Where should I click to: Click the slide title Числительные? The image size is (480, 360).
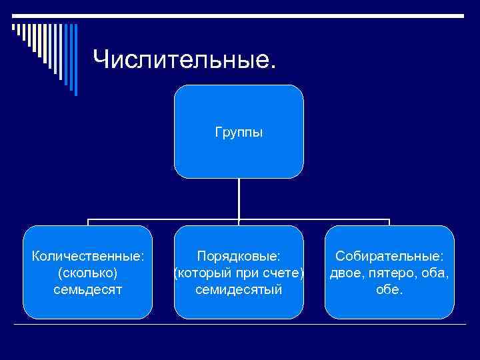coord(184,59)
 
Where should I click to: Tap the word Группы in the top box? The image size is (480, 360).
coord(239,132)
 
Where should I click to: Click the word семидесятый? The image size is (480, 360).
coord(239,290)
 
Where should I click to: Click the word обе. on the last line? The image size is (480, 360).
coord(389,290)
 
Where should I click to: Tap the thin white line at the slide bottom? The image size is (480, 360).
coord(240,325)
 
